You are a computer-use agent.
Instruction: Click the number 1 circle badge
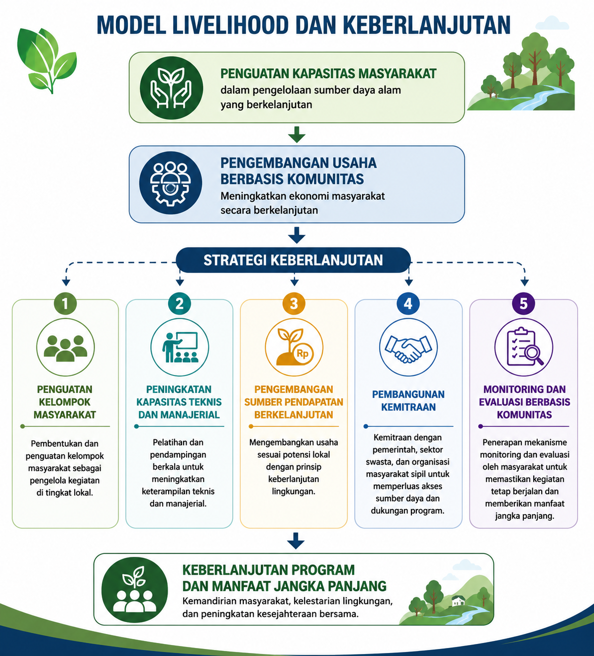[x=65, y=303]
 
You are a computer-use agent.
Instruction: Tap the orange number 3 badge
[x=294, y=303]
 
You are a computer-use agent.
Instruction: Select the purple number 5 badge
[x=523, y=303]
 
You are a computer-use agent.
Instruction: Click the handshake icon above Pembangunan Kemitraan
[x=408, y=348]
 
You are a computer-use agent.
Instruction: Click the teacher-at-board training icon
[x=180, y=347]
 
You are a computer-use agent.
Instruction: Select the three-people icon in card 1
[x=65, y=348]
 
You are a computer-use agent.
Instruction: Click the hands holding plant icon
[x=171, y=88]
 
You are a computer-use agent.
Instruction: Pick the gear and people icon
[x=170, y=183]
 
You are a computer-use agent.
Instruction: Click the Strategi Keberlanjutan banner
[x=293, y=261]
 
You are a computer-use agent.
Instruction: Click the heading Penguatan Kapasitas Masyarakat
[x=328, y=74]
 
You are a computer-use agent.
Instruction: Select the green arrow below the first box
[x=297, y=134]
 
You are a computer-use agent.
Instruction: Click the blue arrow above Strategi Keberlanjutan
[x=297, y=235]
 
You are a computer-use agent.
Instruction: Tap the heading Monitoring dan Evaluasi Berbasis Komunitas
[x=524, y=402]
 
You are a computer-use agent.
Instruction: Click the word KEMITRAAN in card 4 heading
[x=408, y=407]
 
